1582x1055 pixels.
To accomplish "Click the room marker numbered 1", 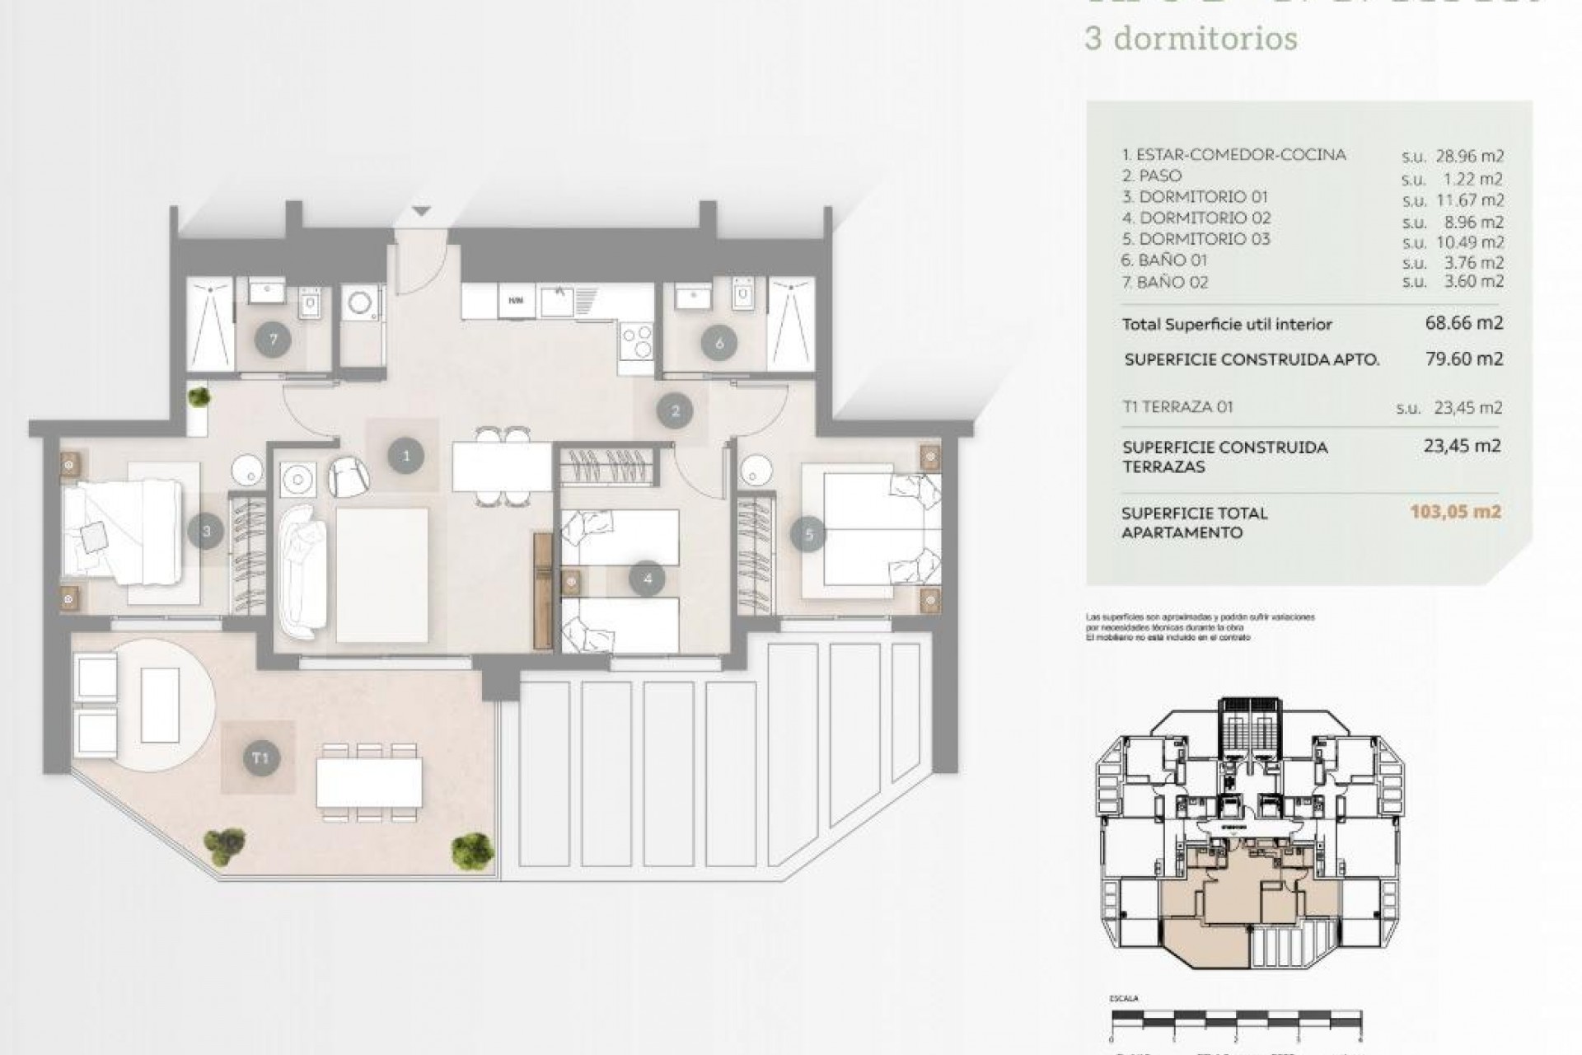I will pos(405,455).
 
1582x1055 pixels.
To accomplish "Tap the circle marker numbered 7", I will pos(273,340).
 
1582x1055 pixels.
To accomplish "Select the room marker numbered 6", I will pos(719,343).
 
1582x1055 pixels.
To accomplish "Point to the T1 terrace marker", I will pos(260,757).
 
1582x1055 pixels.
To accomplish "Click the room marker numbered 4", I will pos(647,579).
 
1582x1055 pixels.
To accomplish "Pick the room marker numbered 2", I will pos(676,410).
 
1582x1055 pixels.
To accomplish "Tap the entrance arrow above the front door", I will pos(422,212).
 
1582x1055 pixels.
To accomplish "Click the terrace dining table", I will pos(369,782).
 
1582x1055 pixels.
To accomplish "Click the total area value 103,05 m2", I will pos(1455,512).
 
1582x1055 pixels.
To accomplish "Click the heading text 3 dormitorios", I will pos(1191,39).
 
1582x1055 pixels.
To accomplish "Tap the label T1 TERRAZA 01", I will pos(1177,407).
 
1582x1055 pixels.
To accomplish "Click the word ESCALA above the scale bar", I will pos(1124,998).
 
